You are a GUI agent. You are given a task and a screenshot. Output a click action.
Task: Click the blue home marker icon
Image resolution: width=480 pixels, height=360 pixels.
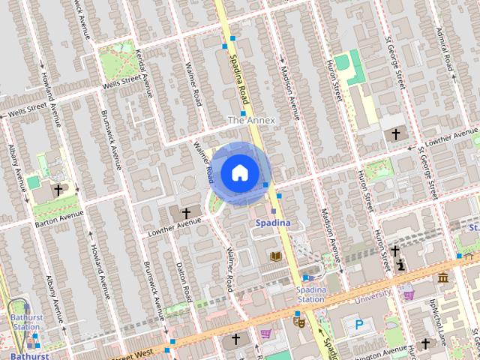[239, 173]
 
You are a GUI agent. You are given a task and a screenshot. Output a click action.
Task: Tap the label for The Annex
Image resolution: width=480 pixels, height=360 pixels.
[251, 120]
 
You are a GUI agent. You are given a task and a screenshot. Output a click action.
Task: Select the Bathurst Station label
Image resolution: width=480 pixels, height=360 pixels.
[25, 322]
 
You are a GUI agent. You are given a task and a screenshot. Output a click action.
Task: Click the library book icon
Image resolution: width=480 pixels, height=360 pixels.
[275, 256]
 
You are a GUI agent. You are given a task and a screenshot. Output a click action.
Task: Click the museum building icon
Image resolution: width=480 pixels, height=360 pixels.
[443, 279]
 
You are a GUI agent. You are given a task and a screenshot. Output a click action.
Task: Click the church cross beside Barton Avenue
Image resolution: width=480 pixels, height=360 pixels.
[58, 190]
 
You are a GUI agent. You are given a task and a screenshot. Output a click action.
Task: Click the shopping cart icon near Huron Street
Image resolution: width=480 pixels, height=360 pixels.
[409, 294]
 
